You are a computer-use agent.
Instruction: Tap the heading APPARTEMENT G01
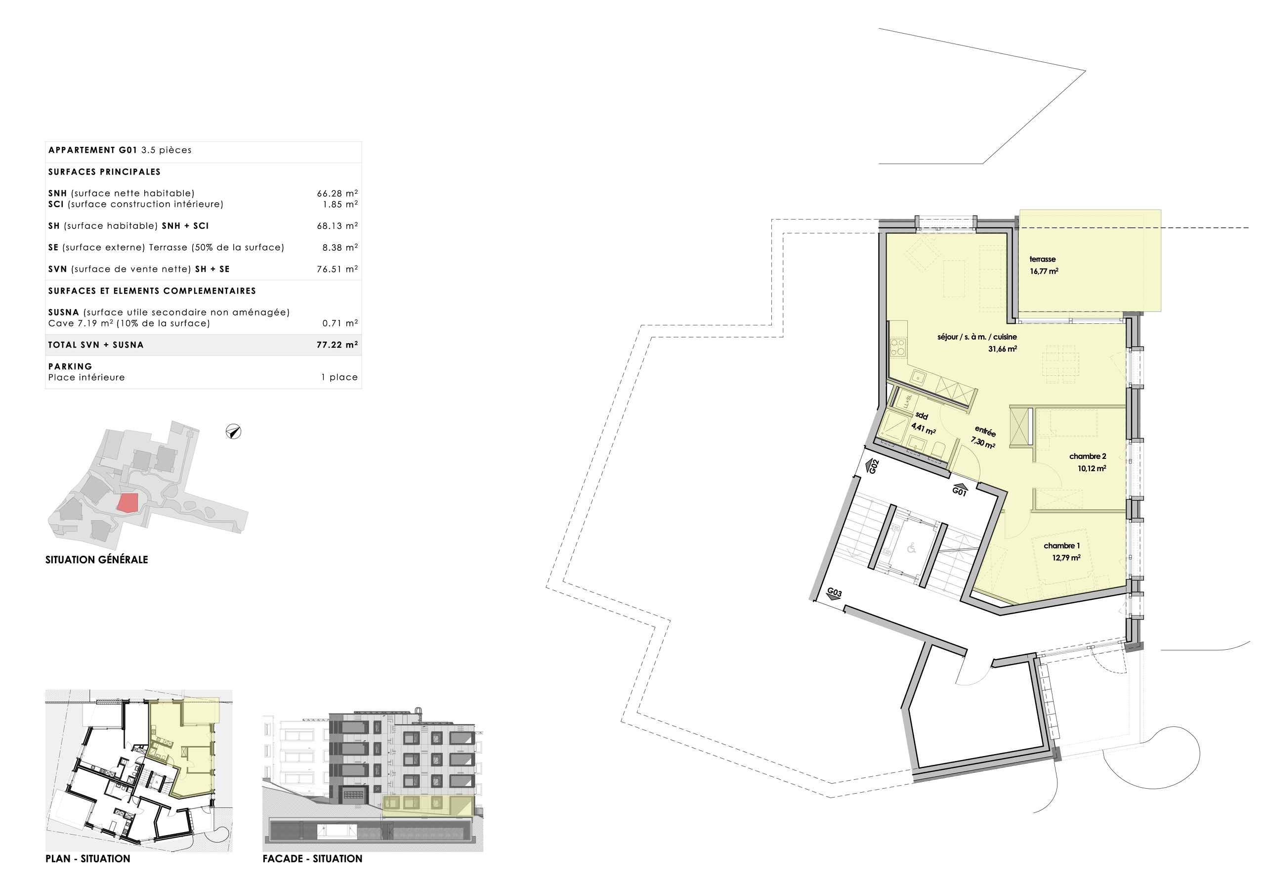[x=93, y=152]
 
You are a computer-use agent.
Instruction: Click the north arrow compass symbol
[x=236, y=436]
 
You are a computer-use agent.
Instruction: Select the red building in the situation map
[x=129, y=508]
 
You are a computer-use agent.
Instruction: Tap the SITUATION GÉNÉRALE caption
[x=97, y=565]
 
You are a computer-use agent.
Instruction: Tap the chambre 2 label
[x=1100, y=461]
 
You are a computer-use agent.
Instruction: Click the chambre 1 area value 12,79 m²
[x=1078, y=564]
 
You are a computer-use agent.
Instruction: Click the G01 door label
[x=970, y=496]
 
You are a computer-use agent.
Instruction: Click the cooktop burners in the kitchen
[x=907, y=351]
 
